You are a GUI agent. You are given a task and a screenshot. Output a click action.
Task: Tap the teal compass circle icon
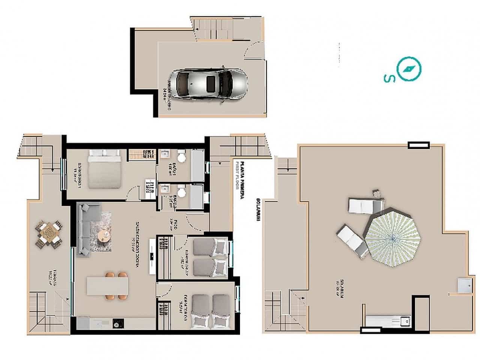click(x=409, y=69)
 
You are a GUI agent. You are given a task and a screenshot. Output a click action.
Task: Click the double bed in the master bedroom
click(x=104, y=169)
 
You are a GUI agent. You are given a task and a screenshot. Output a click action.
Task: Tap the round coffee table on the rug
click(x=103, y=236)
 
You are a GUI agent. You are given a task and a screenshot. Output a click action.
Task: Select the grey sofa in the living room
click(x=85, y=229)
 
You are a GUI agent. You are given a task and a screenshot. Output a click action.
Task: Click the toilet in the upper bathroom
click(x=181, y=157)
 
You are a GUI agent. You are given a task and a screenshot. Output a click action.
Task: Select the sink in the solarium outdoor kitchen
click(x=404, y=321)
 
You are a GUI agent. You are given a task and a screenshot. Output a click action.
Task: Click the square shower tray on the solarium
click(x=465, y=285)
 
